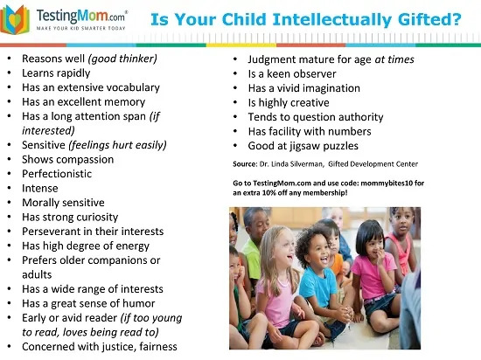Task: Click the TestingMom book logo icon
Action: point(15,19)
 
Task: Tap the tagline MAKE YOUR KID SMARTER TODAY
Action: point(81,28)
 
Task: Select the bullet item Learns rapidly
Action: point(56,73)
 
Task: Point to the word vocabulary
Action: point(133,87)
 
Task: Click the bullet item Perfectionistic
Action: point(57,174)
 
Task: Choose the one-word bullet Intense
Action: point(40,188)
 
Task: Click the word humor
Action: point(139,303)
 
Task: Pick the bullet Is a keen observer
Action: point(292,74)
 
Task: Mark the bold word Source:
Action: point(245,164)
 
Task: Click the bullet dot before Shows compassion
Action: point(10,159)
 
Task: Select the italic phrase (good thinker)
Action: point(122,59)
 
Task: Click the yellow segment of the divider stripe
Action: point(240,45)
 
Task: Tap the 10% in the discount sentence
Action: point(269,193)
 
